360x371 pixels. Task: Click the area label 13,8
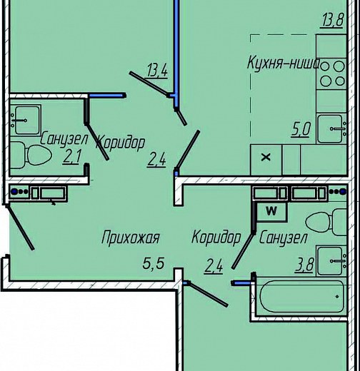(x=333, y=20)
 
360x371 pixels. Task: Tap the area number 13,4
(x=157, y=71)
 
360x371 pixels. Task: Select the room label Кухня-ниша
(x=284, y=63)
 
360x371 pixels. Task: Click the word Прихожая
(x=131, y=238)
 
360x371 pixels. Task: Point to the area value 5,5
(x=154, y=263)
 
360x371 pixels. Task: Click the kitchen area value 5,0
(x=301, y=130)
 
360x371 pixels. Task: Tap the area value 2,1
(x=72, y=156)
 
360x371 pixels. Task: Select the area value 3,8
(x=304, y=265)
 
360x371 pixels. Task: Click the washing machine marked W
(x=271, y=211)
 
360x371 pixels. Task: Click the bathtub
(x=302, y=296)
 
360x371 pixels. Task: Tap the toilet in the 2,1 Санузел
(x=30, y=155)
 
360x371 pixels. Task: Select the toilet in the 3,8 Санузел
(x=326, y=222)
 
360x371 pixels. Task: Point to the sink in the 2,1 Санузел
(x=25, y=120)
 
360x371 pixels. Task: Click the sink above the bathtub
(x=331, y=261)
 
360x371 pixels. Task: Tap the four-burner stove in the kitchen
(x=331, y=73)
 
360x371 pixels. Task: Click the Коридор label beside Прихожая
(x=216, y=238)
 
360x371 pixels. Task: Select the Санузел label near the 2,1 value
(x=64, y=140)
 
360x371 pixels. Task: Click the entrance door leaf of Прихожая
(x=20, y=227)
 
